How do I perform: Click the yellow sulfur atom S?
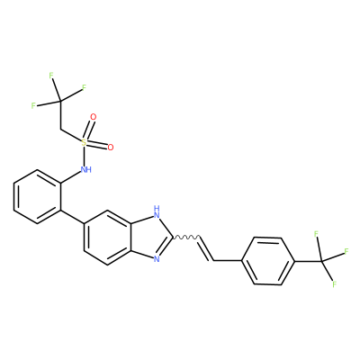tap(84, 142)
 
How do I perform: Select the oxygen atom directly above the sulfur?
tap(94, 117)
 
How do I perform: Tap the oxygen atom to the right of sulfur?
tap(111, 148)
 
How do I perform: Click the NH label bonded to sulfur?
tap(86, 170)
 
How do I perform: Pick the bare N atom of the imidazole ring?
tap(157, 258)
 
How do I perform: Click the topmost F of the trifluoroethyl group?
tap(51, 76)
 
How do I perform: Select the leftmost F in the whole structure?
tap(33, 105)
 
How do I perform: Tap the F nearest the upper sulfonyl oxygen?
tap(84, 87)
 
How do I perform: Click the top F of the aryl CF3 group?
tap(316, 234)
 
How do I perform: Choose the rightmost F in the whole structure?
tap(346, 251)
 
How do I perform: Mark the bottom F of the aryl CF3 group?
tap(334, 283)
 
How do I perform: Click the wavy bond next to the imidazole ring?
tap(185, 237)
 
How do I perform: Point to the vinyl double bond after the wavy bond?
tap(206, 249)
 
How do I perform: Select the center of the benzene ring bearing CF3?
tap(268, 261)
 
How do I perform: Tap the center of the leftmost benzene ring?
tap(38, 196)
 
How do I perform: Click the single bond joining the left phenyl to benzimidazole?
tap(73, 217)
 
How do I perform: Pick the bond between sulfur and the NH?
tap(85, 156)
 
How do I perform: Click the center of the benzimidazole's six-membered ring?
tap(108, 237)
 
